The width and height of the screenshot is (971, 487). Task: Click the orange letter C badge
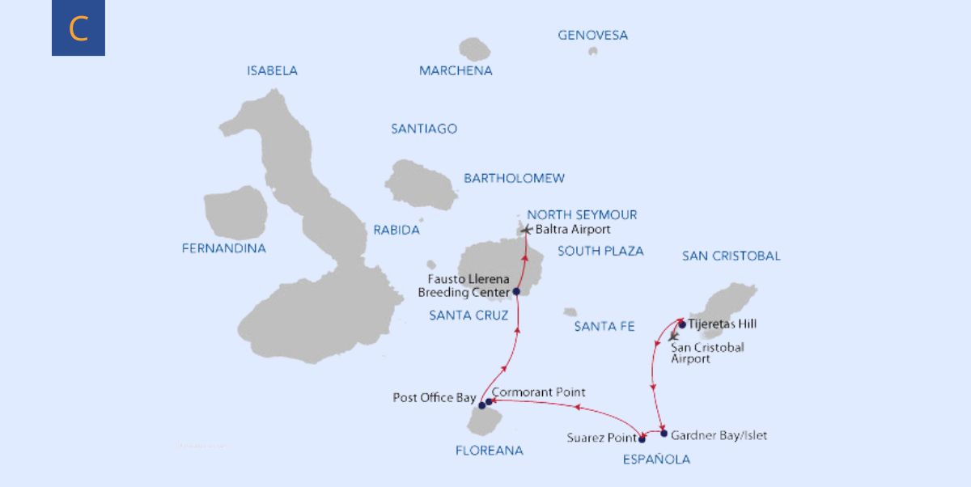[78, 28]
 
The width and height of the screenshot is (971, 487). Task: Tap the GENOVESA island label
[592, 36]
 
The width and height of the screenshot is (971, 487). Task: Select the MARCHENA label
[456, 70]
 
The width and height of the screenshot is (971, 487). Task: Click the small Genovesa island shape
[593, 51]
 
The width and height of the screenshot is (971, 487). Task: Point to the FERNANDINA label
[223, 248]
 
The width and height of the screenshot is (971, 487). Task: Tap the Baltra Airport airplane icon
[528, 230]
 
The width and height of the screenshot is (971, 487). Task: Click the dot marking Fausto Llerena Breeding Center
[516, 292]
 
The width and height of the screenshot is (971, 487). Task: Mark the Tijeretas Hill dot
[682, 324]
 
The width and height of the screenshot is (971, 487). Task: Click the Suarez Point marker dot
[642, 440]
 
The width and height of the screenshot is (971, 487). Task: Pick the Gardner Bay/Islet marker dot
[664, 434]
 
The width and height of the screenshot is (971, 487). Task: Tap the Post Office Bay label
[434, 398]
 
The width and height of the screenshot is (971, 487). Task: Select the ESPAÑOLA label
[656, 459]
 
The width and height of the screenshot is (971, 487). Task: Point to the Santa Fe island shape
[570, 311]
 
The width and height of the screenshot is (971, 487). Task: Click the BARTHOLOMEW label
[514, 178]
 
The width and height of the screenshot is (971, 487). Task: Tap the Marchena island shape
[475, 49]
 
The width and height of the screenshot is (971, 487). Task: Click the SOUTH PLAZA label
[600, 251]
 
